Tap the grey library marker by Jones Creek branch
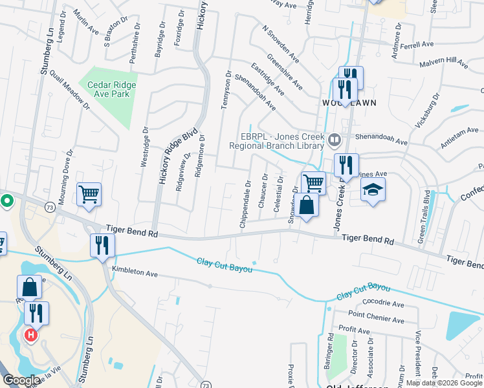[334, 138]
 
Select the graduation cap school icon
[373, 191]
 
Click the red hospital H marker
[29, 335]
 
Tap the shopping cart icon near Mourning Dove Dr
[89, 194]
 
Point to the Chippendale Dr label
[246, 204]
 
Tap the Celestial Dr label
[280, 192]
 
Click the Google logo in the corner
[22, 380]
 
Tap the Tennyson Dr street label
[226, 90]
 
